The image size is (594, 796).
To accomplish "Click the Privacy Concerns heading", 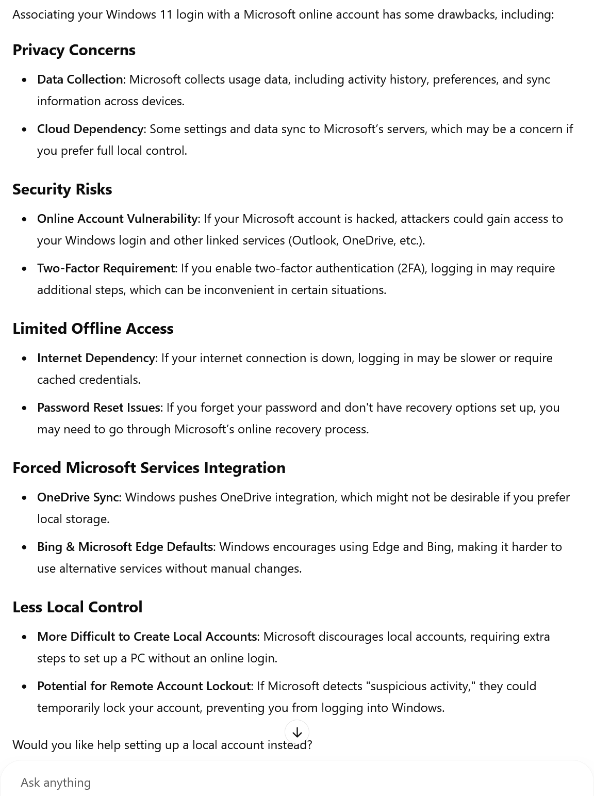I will pos(74,50).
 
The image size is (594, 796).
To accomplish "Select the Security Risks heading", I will pos(62,189).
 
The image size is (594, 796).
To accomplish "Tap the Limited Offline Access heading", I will pos(93,329).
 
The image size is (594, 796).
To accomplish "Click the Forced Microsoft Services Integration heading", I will pos(149,468).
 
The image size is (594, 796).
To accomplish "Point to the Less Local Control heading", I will pos(77,607).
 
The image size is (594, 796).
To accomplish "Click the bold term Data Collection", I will pos(80,79).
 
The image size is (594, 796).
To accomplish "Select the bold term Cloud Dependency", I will pos(90,129).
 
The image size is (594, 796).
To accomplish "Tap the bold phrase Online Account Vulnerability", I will pos(117,219).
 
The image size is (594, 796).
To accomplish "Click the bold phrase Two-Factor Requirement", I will pos(106,268).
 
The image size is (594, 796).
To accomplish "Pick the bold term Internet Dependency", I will pos(96,358).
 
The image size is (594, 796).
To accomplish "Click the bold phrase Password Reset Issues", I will pos(98,408).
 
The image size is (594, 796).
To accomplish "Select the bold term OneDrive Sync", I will pos(78,497).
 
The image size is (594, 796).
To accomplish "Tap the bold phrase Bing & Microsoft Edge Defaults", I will pos(125,547).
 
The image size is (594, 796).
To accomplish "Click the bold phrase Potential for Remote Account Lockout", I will pos(143,686).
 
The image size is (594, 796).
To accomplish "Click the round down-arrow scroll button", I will pos(297,732).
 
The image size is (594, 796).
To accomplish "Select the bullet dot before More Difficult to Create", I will pos(24,637).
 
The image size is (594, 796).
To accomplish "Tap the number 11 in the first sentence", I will pos(166,14).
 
